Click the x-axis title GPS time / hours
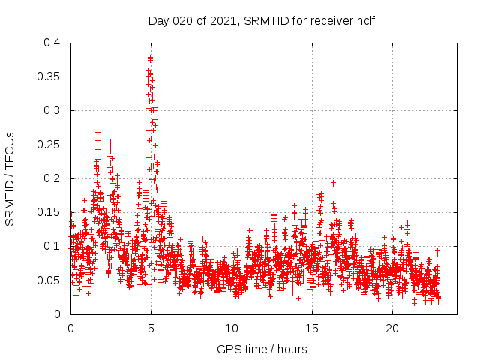262,349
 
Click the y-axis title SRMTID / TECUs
10,178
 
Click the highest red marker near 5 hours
151,57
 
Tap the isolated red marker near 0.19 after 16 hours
333,183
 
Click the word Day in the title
158,20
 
